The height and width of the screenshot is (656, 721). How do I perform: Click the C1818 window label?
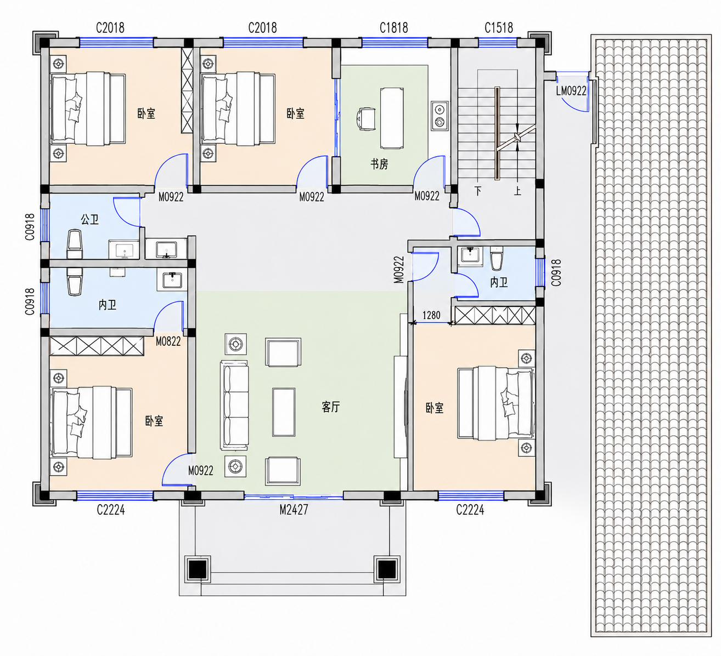tap(393, 28)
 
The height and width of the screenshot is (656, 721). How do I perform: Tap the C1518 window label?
tap(499, 28)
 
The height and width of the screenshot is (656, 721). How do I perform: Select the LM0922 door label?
tap(571, 91)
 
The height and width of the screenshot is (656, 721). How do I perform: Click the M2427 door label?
tap(294, 510)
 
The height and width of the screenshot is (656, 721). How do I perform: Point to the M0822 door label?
tap(168, 341)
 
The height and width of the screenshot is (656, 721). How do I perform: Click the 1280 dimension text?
tap(431, 315)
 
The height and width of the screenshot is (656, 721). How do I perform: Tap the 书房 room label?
tap(379, 164)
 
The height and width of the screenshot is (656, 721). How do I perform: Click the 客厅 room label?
tap(331, 407)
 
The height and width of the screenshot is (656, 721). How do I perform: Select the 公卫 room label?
tap(89, 219)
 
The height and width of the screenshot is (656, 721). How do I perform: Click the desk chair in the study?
tap(366, 119)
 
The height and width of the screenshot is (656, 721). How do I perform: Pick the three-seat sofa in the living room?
tap(234, 405)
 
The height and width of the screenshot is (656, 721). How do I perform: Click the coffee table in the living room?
tap(284, 412)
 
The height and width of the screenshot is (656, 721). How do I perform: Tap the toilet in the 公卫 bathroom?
tap(75, 244)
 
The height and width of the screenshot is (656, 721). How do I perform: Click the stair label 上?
tap(517, 191)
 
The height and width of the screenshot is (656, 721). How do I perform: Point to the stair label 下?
tap(478, 191)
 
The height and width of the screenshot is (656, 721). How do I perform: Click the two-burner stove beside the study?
tap(440, 116)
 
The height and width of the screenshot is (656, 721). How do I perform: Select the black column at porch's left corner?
tap(198, 569)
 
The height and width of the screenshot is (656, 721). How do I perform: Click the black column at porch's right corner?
tap(387, 569)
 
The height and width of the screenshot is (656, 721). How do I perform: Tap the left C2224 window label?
tap(111, 510)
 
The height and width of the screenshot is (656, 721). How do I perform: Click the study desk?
tap(391, 118)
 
